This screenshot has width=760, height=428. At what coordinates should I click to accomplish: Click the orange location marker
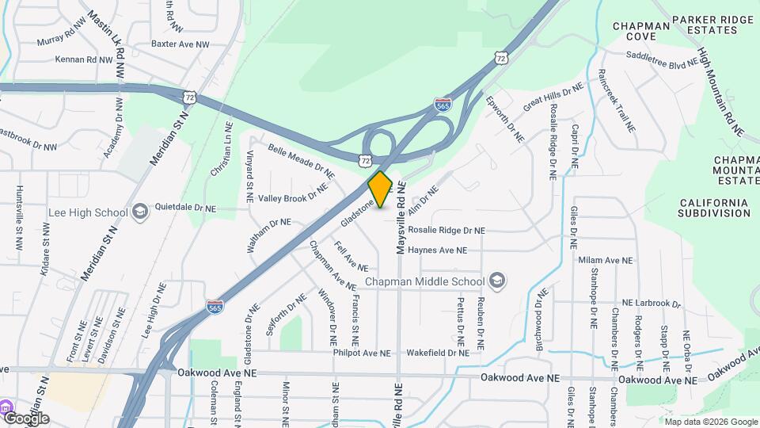click(x=380, y=189)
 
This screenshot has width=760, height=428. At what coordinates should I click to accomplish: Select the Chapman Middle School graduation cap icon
click(x=496, y=281)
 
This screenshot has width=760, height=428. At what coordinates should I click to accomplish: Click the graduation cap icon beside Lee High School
click(x=140, y=212)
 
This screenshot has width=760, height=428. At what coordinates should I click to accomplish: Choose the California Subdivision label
click(x=713, y=208)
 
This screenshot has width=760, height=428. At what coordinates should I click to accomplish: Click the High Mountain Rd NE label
click(x=721, y=90)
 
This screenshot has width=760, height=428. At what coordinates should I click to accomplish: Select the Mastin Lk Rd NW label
click(x=106, y=44)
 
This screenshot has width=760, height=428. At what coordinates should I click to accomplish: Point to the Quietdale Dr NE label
click(x=186, y=208)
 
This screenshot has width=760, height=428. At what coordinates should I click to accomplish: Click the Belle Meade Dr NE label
click(x=301, y=160)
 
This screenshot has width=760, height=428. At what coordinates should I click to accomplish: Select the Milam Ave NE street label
click(x=606, y=260)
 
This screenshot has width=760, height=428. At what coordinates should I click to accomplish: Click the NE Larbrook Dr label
click(x=651, y=303)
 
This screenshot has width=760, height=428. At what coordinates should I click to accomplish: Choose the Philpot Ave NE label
click(x=362, y=353)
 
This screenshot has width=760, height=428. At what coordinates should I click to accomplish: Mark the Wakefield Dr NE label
click(x=438, y=353)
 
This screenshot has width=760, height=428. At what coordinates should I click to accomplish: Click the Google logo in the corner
click(x=25, y=418)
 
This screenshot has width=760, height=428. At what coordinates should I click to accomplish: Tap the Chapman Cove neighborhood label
click(x=641, y=31)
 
